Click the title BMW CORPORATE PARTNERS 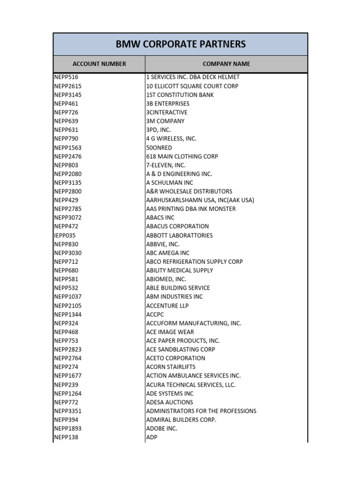pyautogui.click(x=180, y=45)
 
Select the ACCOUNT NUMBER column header pyautogui.click(x=99, y=64)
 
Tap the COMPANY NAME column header pyautogui.click(x=226, y=64)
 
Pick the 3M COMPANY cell pyautogui.click(x=165, y=121)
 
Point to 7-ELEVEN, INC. pyautogui.click(x=166, y=165)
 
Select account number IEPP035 pyautogui.click(x=65, y=235)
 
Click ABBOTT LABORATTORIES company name pyautogui.click(x=180, y=235)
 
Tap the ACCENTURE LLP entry pyautogui.click(x=167, y=306)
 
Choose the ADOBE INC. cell pyautogui.click(x=162, y=428)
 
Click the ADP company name pyautogui.click(x=152, y=437)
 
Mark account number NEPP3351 pyautogui.click(x=68, y=411)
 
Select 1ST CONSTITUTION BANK pyautogui.click(x=180, y=95)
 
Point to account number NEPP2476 pyautogui.click(x=68, y=156)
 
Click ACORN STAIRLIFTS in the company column pyautogui.click(x=171, y=367)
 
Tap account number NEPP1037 pyautogui.click(x=68, y=297)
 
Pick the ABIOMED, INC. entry pyautogui.click(x=166, y=279)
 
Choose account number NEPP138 pyautogui.click(x=66, y=437)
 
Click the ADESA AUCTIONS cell pyautogui.click(x=170, y=402)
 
